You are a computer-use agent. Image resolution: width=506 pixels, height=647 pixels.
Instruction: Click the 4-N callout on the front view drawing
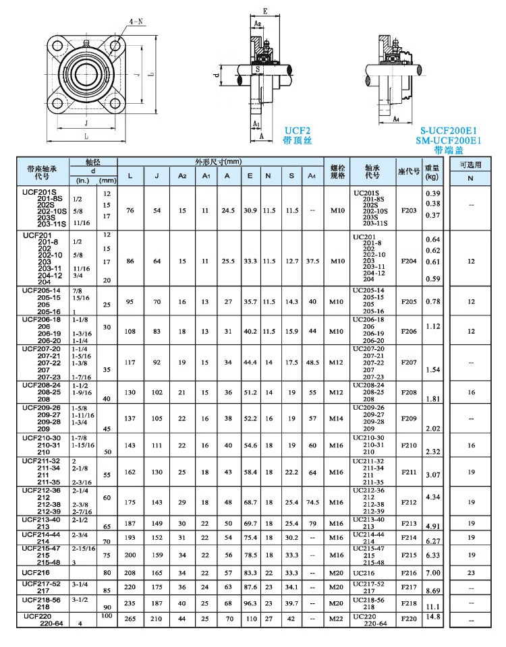tap(136, 22)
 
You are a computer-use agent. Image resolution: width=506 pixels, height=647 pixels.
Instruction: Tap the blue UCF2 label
tap(297, 131)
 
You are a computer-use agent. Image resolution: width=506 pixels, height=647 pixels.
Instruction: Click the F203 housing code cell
tap(409, 210)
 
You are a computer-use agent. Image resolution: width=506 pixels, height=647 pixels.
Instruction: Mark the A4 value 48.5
tap(312, 362)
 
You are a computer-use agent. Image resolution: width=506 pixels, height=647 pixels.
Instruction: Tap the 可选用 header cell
tap(471, 164)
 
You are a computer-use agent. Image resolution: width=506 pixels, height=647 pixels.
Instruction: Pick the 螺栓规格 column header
tap(337, 171)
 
